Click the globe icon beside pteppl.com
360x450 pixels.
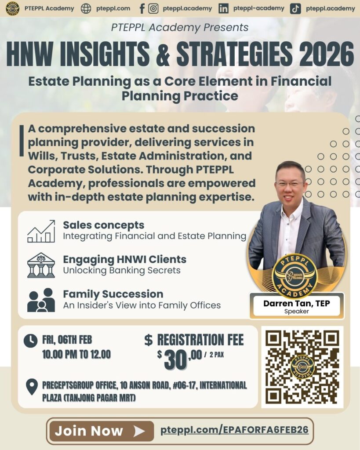86,9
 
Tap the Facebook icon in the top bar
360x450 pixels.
142,9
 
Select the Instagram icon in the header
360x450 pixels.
153,9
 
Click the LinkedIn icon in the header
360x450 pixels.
223,9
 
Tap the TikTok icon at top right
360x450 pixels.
295,9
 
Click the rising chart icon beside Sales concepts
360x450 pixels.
41,231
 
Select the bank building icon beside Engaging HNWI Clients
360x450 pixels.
41,265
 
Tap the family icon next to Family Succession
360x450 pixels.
41,300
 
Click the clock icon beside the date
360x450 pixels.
30,341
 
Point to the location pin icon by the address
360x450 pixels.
32,386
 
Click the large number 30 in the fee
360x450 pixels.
175,360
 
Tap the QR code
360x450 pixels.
302,367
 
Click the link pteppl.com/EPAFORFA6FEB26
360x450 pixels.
234,430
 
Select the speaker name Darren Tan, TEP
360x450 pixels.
297,303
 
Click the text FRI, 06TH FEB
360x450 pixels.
67,340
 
